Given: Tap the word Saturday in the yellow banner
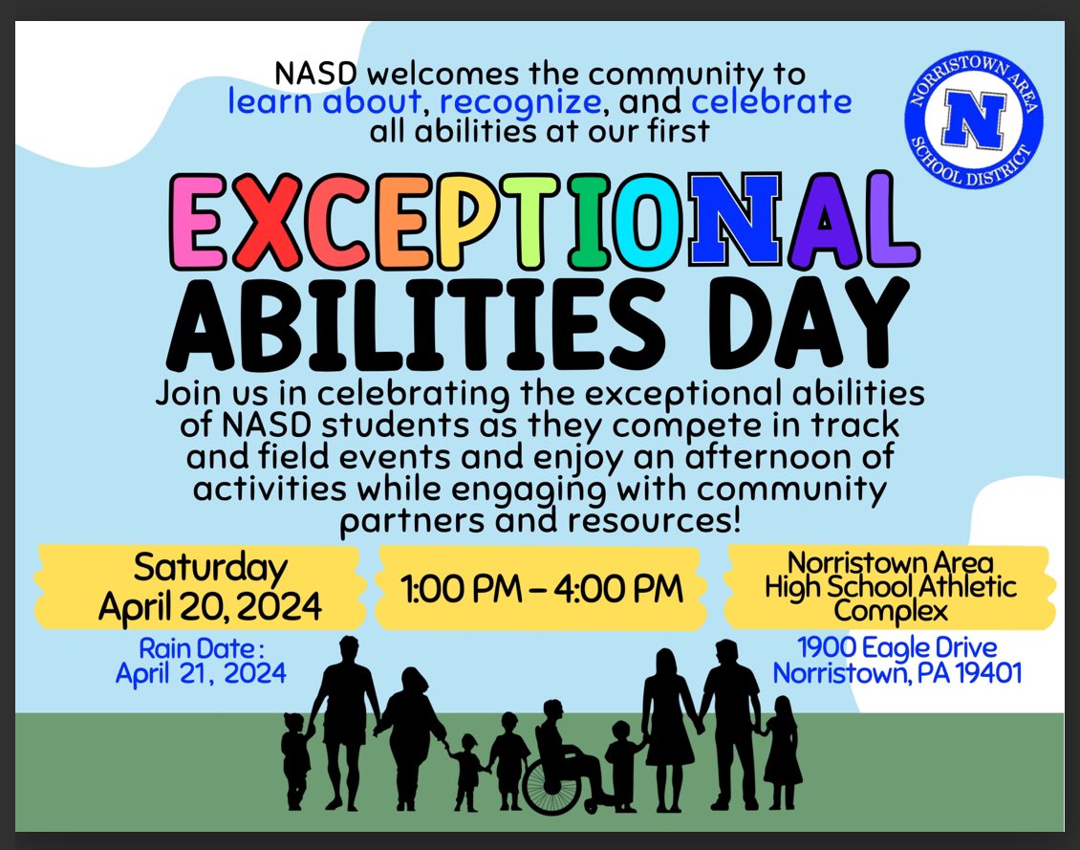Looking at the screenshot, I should click(210, 567).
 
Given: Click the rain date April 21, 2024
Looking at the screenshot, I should click(201, 673).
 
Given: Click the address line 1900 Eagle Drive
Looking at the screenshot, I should click(896, 647).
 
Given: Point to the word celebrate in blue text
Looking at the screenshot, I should click(771, 100).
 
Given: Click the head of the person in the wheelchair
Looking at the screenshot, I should click(552, 712).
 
